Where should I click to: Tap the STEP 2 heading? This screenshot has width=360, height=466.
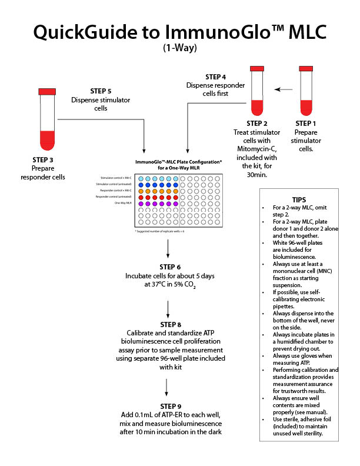coord(257,123)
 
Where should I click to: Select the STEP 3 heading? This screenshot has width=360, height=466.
coord(47,159)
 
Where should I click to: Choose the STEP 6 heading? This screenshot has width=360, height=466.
coord(168,267)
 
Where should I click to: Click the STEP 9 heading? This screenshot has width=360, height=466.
coord(168,406)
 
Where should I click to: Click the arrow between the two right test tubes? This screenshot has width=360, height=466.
coord(284,90)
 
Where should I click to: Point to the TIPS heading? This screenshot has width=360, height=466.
coord(298,199)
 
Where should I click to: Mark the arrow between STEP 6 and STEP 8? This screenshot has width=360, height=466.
coord(168,307)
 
